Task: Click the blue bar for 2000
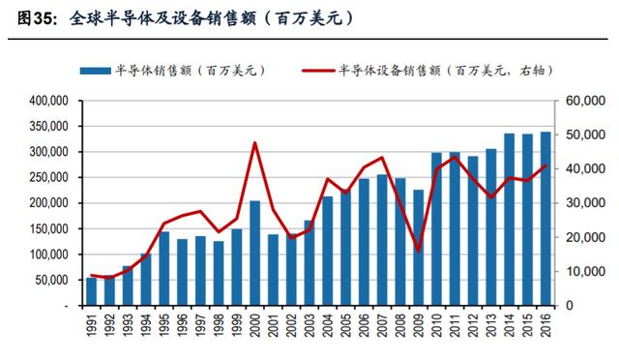coord(255,254)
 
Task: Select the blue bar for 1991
coord(91,291)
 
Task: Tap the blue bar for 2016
coord(545,219)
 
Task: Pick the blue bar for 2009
coord(419,248)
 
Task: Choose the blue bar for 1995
coord(163,269)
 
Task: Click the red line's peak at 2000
coord(255,142)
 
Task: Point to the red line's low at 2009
coord(419,251)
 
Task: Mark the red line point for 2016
coord(545,165)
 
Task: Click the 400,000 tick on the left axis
coord(49,102)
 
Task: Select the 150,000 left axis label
coord(49,228)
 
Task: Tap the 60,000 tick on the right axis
coord(585,102)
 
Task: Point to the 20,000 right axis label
coord(585,237)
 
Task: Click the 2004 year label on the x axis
coord(328,325)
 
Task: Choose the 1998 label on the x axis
coord(219,325)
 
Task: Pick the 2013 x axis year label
coord(491,325)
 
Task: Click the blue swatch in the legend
coord(96,72)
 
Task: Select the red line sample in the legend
coord(318,72)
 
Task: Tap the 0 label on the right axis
coord(570,306)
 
